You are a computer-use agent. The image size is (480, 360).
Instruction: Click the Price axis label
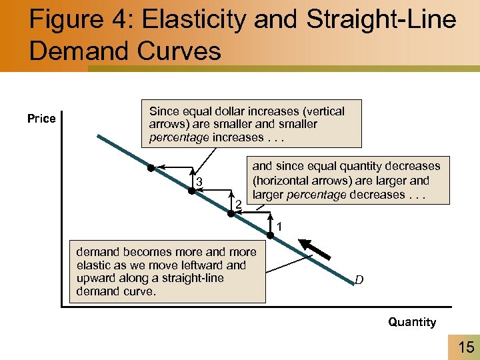pyautogui.click(x=41, y=119)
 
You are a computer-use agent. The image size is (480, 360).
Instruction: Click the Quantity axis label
pyautogui.click(x=412, y=322)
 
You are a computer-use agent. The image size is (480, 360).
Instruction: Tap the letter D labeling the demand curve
pyautogui.click(x=359, y=280)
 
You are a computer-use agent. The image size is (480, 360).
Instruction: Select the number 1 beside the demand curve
pyautogui.click(x=280, y=227)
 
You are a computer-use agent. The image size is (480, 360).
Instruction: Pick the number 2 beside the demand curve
pyautogui.click(x=237, y=203)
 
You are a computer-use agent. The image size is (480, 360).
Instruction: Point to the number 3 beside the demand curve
pyautogui.click(x=199, y=184)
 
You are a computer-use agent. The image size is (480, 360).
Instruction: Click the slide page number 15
pyautogui.click(x=465, y=347)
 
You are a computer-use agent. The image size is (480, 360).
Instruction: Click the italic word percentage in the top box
pyautogui.click(x=175, y=137)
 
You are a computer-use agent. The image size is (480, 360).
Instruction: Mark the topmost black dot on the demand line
pyautogui.click(x=151, y=167)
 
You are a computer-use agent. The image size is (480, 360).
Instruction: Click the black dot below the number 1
pyautogui.click(x=271, y=235)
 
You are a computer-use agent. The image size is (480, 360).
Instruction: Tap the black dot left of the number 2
pyautogui.click(x=229, y=212)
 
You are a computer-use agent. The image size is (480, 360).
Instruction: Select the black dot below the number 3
pyautogui.click(x=191, y=191)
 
